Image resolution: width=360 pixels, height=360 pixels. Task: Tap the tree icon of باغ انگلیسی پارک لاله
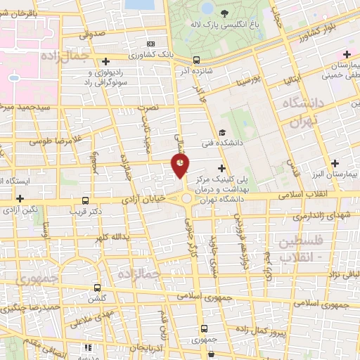[x=224, y=13]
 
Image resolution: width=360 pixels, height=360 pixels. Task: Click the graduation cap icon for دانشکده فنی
[x=222, y=132]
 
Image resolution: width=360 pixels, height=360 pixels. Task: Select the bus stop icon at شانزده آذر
[x=196, y=60]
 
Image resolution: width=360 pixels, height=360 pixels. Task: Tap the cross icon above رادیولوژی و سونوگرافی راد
[x=105, y=61]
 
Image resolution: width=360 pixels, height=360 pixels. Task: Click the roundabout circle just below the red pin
[x=186, y=200]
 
